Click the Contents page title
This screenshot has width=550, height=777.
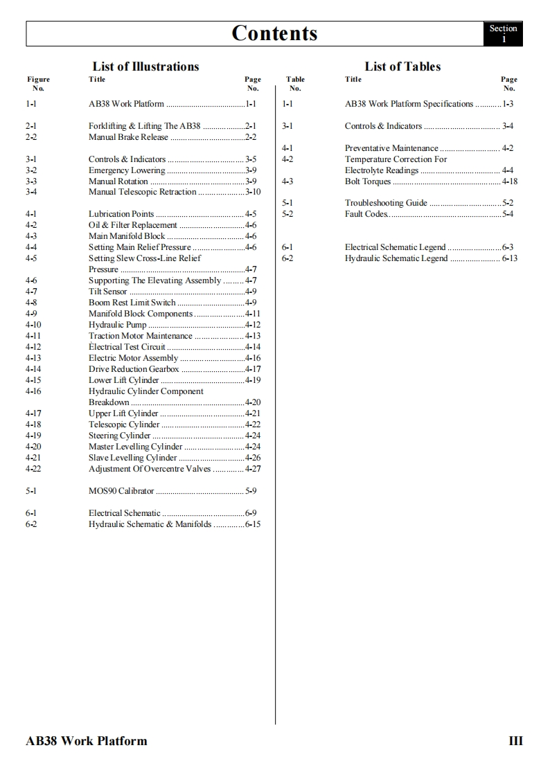point(274,33)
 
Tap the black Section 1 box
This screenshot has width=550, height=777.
point(503,33)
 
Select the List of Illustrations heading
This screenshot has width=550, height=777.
point(145,66)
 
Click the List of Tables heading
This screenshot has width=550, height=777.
point(402,66)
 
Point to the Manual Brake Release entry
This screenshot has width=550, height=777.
point(128,137)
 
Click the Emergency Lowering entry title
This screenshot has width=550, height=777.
point(127,170)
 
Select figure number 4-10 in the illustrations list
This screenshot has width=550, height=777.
point(33,325)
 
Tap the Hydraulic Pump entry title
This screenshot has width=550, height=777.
point(118,325)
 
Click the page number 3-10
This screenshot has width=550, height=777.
point(253,192)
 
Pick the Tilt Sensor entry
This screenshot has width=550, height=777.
point(108,292)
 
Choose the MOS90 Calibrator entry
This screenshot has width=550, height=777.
point(121,491)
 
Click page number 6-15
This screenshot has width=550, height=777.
point(253,524)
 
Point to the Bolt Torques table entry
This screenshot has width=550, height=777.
point(368,181)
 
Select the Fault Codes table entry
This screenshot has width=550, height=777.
point(366,214)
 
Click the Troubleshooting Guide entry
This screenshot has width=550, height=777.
point(386,203)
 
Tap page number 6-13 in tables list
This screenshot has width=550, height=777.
point(510,258)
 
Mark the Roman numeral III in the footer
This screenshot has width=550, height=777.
point(515,741)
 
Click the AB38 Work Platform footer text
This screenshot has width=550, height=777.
point(87,741)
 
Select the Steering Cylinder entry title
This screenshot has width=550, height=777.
point(119,436)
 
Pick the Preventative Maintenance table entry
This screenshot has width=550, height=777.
point(391,148)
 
